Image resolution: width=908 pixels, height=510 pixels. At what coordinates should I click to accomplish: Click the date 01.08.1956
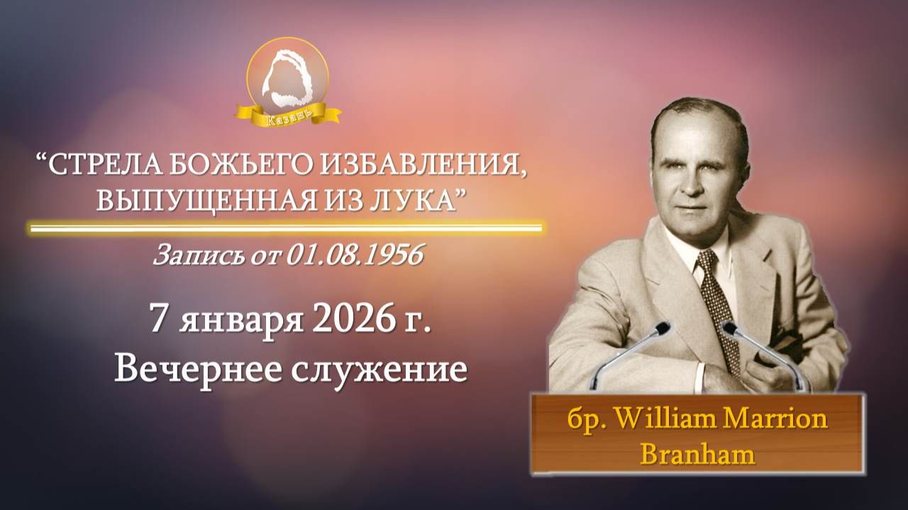click(x=355, y=256)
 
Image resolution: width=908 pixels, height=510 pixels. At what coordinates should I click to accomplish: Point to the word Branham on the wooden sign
click(x=697, y=453)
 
